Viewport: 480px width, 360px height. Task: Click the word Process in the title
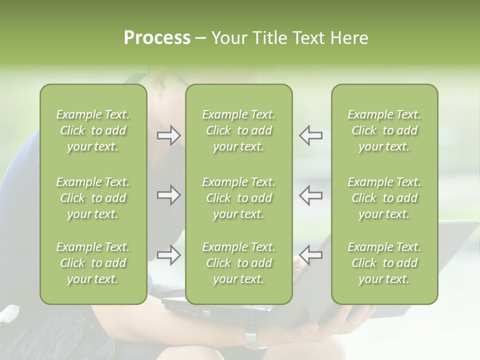click(157, 38)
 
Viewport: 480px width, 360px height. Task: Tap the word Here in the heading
click(348, 38)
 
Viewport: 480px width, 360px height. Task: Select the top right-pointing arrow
click(168, 135)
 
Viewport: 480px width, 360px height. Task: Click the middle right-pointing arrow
click(168, 195)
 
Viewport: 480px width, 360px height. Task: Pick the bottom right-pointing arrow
click(168, 255)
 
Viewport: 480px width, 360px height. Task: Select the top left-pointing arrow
click(311, 135)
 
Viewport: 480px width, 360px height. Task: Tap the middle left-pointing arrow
click(311, 195)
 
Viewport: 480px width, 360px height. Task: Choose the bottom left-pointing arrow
click(311, 255)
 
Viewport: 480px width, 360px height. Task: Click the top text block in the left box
click(93, 130)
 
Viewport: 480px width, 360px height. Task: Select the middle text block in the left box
click(93, 198)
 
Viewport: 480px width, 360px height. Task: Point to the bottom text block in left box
click(93, 263)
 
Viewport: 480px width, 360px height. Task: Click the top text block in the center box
click(239, 130)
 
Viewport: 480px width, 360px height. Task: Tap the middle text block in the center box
click(239, 198)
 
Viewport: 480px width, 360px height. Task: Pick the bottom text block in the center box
click(239, 263)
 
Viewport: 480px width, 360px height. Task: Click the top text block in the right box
click(384, 130)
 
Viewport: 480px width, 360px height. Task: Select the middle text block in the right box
click(384, 198)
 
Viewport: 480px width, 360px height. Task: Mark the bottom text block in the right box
click(384, 263)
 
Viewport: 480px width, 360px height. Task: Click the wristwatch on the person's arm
click(255, 340)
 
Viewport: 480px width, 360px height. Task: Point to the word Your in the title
click(230, 38)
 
